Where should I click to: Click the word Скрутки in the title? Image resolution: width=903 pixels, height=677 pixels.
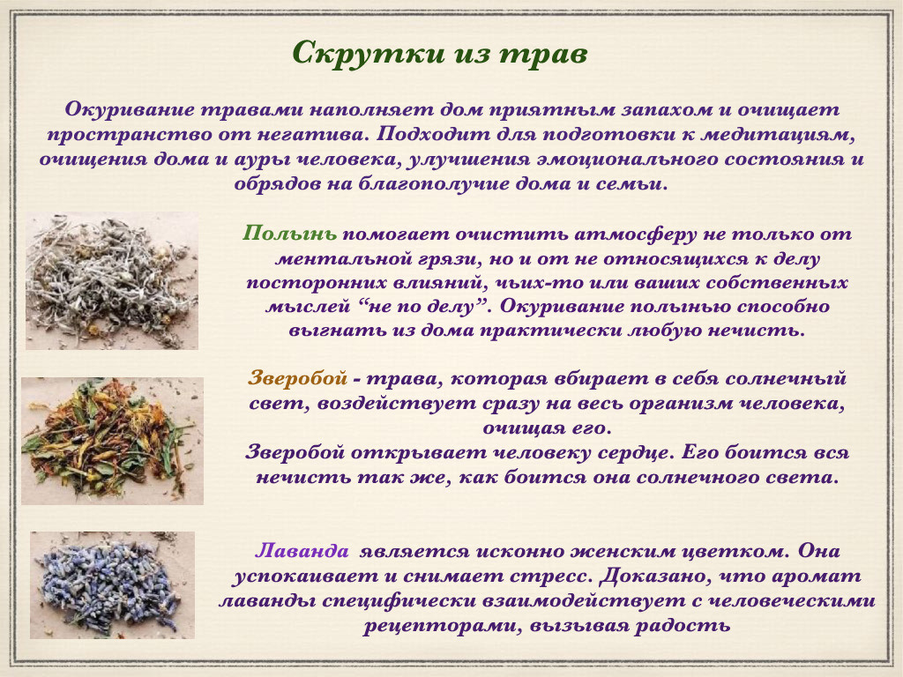[x=358, y=53]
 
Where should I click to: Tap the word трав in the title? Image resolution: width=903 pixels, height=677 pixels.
[x=543, y=53]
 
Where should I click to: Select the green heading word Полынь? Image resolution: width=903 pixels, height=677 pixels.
[x=289, y=235]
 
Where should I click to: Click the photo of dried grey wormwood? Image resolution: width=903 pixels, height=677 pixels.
[x=112, y=281]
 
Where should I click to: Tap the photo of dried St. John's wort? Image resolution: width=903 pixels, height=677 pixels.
[x=112, y=440]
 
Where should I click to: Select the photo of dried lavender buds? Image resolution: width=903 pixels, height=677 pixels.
[x=112, y=584]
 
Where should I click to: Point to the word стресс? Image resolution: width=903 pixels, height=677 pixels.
[x=548, y=577]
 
